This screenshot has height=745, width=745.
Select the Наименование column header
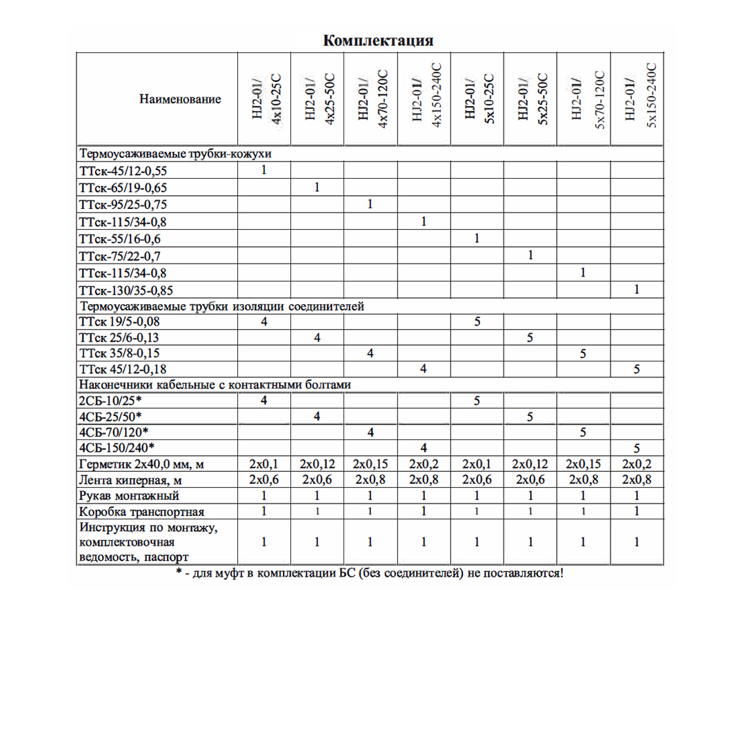[x=180, y=99]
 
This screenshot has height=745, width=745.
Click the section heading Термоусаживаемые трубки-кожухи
[x=176, y=153]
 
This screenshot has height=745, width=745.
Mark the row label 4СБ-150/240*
[x=117, y=448]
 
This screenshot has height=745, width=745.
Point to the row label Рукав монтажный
[x=130, y=496]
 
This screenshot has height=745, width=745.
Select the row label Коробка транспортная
[x=142, y=512]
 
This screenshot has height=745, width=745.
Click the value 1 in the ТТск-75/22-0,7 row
[x=530, y=256]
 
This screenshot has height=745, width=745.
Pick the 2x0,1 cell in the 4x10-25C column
[x=264, y=464]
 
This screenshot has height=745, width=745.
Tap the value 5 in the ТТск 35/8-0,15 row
[x=584, y=353]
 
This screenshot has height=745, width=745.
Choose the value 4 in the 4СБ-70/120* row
[x=370, y=433]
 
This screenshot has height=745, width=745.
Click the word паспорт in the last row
[x=163, y=556]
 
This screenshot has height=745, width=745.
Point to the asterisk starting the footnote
[x=179, y=572]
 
